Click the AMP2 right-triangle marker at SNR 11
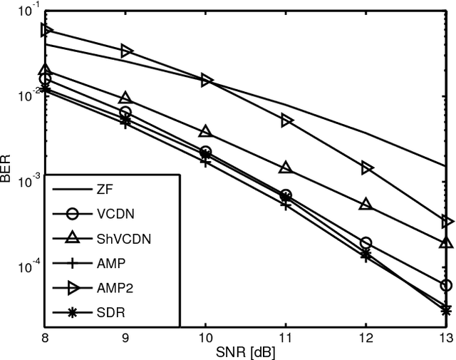(x=286, y=120)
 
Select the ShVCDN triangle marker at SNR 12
(x=366, y=204)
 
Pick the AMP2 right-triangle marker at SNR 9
(x=126, y=51)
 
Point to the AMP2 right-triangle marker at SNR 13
(x=447, y=222)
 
